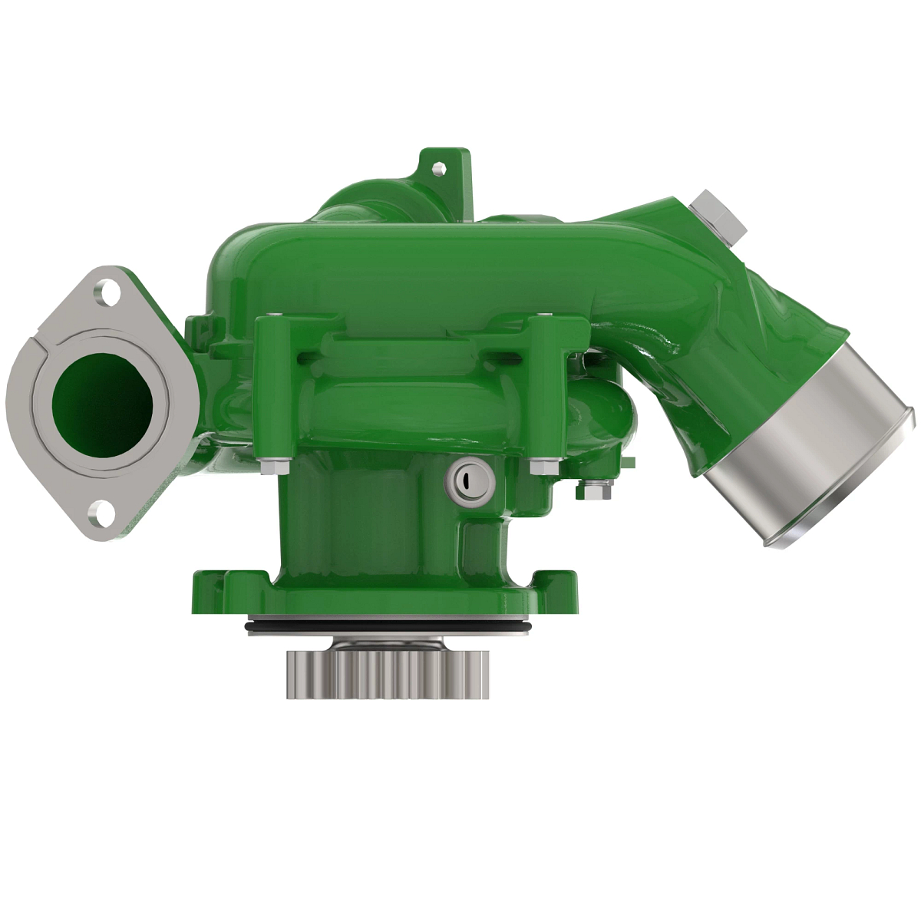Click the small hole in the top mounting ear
click(437, 167)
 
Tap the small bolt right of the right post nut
click(591, 489)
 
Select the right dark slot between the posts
click(503, 355)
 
